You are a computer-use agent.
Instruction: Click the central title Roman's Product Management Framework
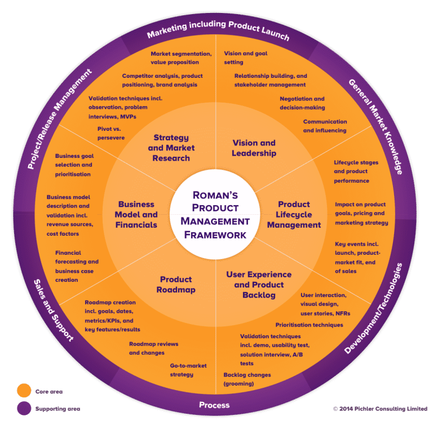tap(216, 214)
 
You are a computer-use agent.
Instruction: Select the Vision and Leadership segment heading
tap(254, 148)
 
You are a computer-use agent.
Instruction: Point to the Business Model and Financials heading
tap(136, 215)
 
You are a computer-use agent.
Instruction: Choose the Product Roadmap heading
tap(177, 285)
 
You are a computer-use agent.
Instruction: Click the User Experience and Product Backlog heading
tap(259, 285)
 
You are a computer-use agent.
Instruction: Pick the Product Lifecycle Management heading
tap(294, 215)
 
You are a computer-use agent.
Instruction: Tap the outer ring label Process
tap(214, 405)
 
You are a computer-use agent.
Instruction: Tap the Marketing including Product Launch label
tap(218, 30)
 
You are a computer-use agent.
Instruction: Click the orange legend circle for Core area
tap(24, 390)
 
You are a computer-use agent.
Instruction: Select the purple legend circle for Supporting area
tap(24, 408)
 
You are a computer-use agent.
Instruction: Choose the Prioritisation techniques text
tap(309, 325)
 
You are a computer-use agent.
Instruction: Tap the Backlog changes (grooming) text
tap(247, 379)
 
